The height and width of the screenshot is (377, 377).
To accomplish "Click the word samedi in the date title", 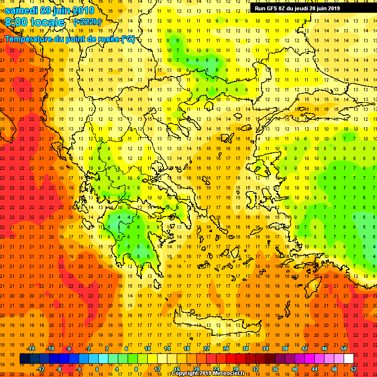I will coord(23,10).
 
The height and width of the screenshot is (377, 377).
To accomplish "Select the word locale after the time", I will coord(49,22).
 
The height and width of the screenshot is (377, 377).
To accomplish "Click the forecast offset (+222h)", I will coord(87,22).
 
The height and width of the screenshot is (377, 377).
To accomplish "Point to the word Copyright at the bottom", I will coord(185,374).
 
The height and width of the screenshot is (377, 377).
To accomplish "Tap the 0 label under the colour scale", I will coord(97,369).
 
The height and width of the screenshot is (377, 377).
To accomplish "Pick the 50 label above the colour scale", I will coord(343,349).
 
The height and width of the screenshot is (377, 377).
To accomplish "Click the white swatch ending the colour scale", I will coord(349,359).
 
